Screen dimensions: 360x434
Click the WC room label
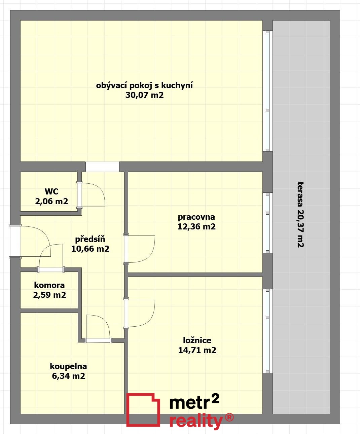pyautogui.click(x=51, y=191)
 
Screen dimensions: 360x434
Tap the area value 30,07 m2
pyautogui.click(x=144, y=95)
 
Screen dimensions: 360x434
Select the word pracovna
pyautogui.click(x=196, y=217)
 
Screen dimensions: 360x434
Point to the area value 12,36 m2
pyautogui.click(x=196, y=226)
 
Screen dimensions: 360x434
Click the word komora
pyautogui.click(x=49, y=285)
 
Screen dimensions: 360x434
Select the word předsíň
pyautogui.click(x=90, y=239)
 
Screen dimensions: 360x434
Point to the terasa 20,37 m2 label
pyautogui.click(x=301, y=215)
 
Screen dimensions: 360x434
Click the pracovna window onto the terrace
pyautogui.click(x=267, y=223)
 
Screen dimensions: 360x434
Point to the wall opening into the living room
pyautogui.click(x=103, y=167)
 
